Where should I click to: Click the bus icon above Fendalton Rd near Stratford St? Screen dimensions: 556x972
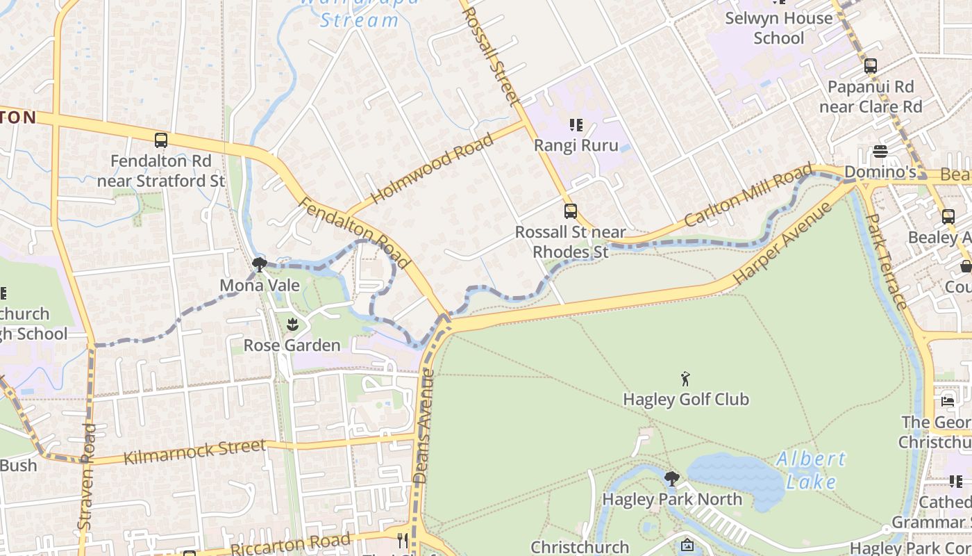(160, 140)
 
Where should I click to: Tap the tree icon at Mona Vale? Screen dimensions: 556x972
(260, 264)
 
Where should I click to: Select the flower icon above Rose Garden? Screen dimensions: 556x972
(292, 323)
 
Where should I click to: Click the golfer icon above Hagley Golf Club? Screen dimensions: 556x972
(686, 379)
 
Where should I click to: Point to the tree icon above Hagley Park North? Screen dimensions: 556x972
(671, 478)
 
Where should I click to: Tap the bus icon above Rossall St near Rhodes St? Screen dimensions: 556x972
(570, 211)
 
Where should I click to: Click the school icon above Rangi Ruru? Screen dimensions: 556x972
(576, 125)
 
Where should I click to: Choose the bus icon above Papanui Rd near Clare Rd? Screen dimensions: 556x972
(870, 66)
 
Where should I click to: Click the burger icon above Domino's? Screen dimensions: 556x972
(880, 151)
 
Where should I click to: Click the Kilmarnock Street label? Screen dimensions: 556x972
(194, 452)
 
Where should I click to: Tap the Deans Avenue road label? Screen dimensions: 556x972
(424, 426)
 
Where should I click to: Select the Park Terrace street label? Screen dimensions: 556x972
(887, 261)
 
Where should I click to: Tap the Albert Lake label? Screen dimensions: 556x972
(811, 470)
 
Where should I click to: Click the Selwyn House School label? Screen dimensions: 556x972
(778, 28)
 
